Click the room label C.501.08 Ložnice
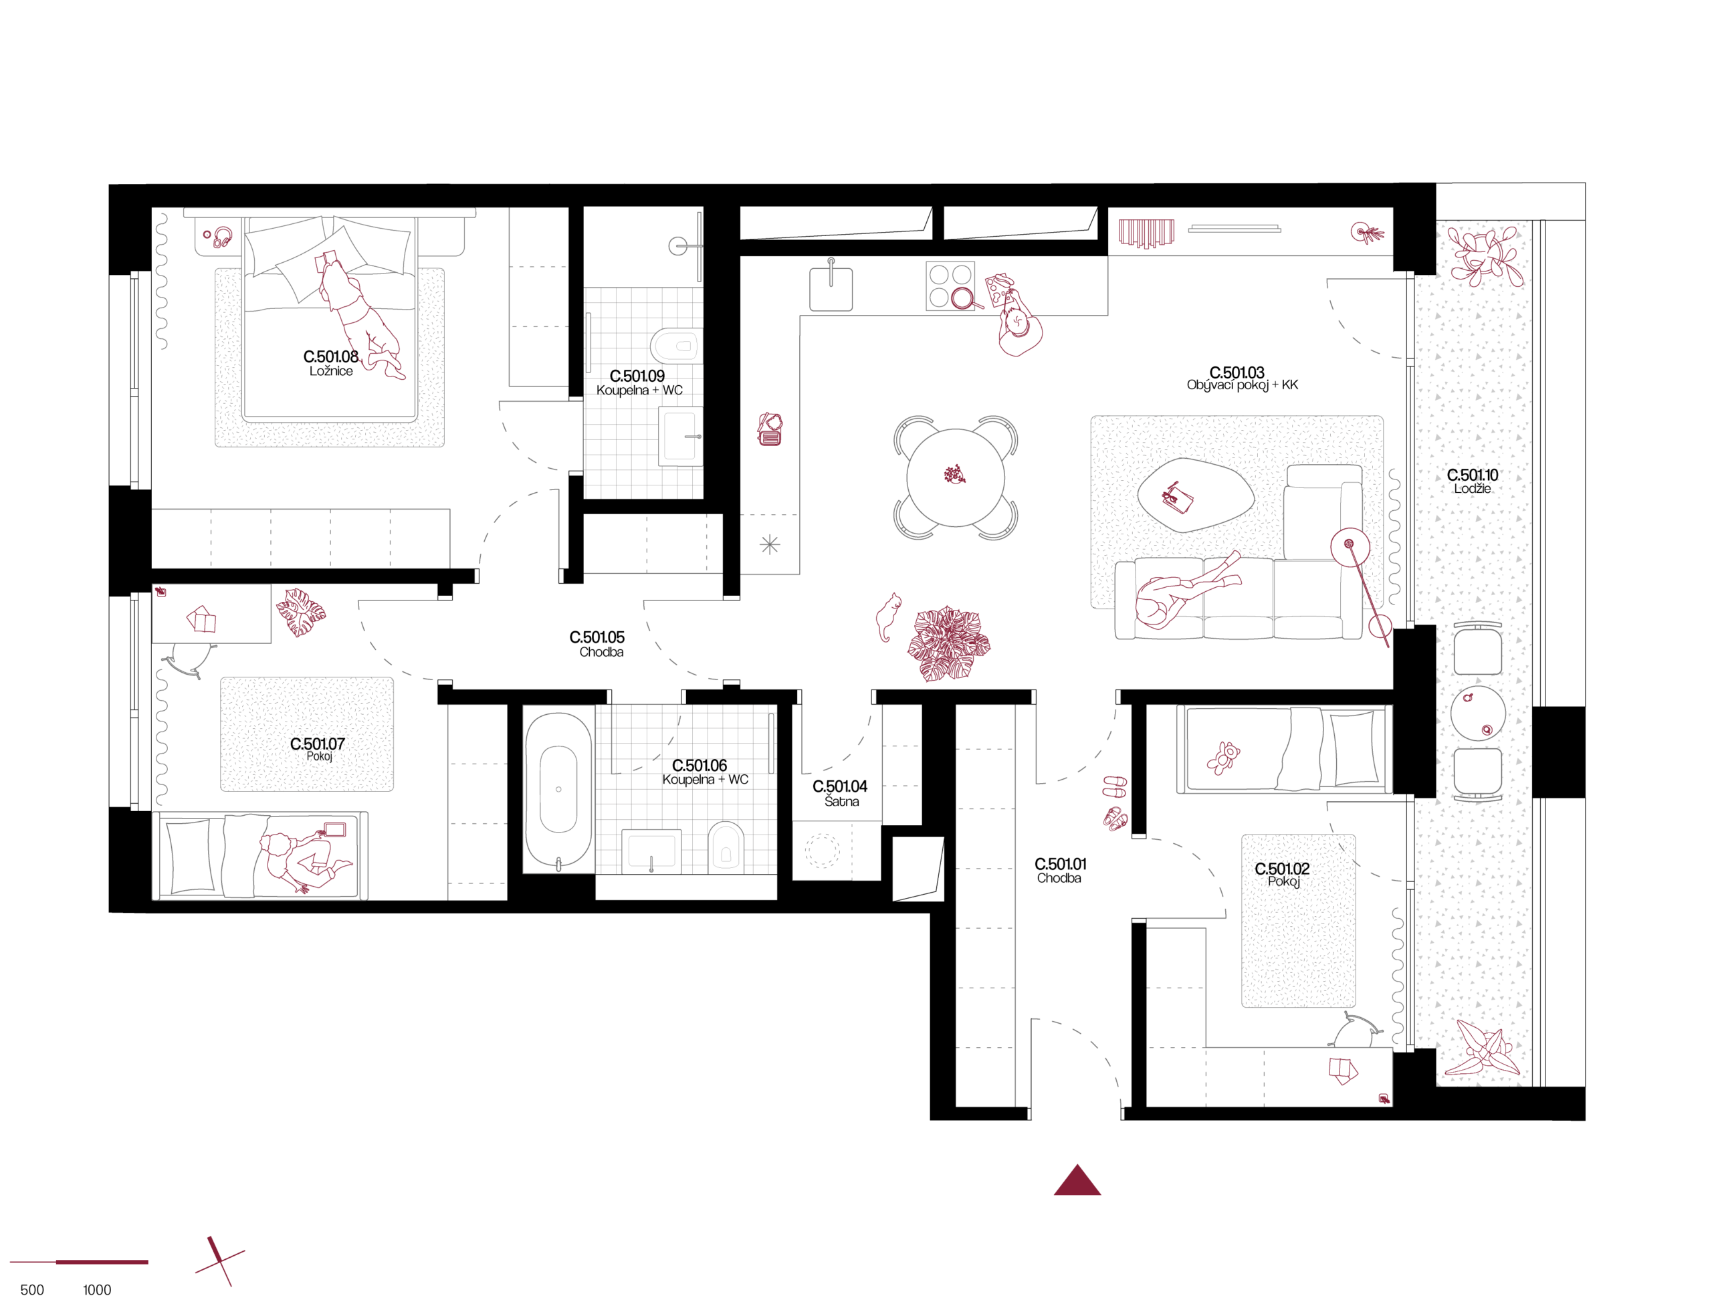click(330, 363)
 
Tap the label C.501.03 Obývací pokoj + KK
click(1241, 378)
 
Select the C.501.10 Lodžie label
click(1472, 481)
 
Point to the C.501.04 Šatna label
click(839, 793)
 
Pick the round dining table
click(955, 477)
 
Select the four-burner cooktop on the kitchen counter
click(950, 286)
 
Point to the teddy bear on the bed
click(1222, 757)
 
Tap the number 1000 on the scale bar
click(97, 1291)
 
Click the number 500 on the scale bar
click(32, 1291)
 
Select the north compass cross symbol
click(220, 1261)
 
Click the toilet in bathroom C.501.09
click(675, 345)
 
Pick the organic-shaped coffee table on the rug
click(1194, 494)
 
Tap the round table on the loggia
click(1477, 714)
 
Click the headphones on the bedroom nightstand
click(223, 237)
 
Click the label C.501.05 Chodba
click(597, 644)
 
